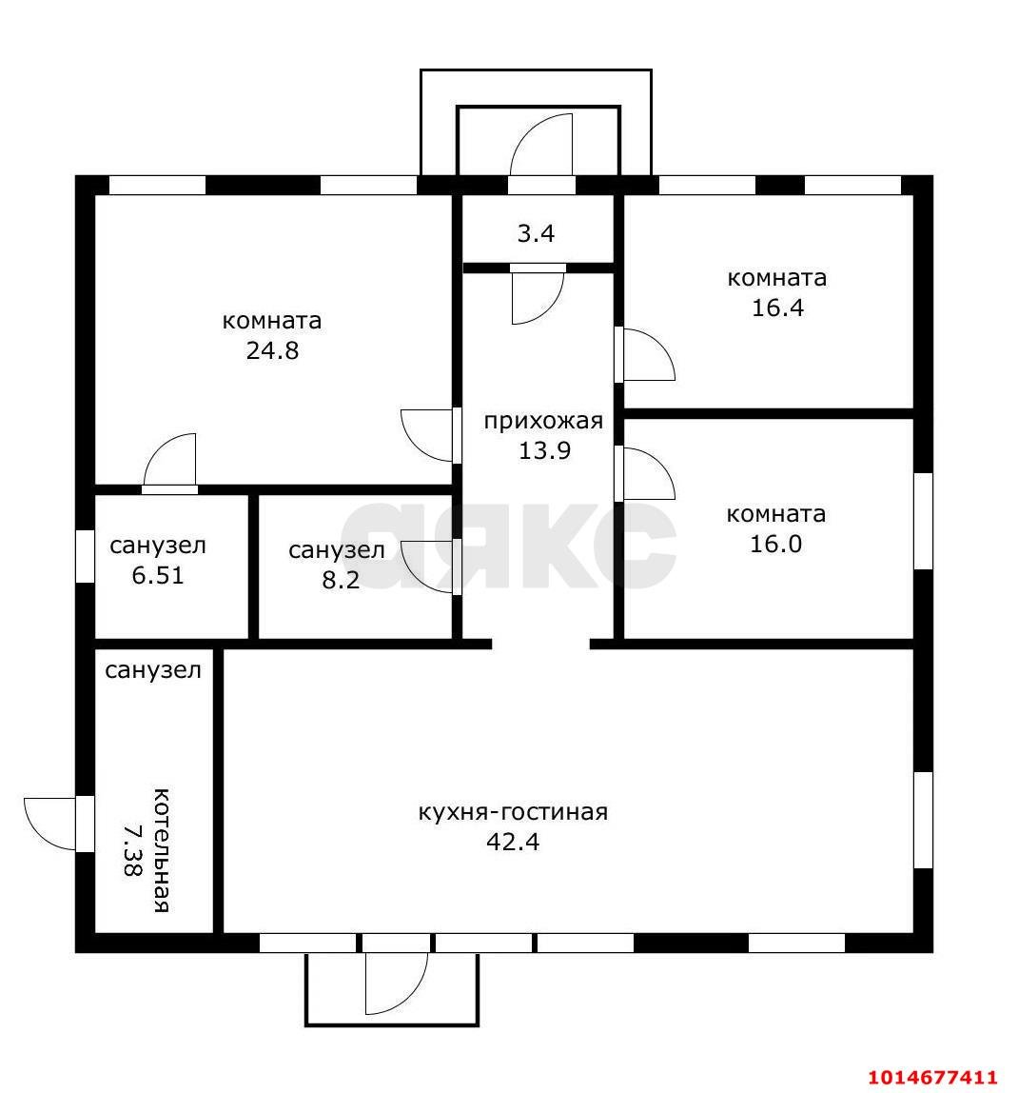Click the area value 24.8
tap(272, 350)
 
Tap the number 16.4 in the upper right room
tap(777, 308)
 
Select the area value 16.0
tap(775, 544)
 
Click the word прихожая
tap(543, 422)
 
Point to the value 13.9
tap(544, 450)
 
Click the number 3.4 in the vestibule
tap(536, 233)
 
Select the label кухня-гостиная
tap(513, 813)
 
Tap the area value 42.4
tap(513, 842)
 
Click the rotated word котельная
tap(161, 850)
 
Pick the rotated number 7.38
tap(131, 850)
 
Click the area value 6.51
tap(158, 576)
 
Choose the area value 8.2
tap(341, 580)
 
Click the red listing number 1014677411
tap(932, 1077)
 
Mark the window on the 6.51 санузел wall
tap(85, 556)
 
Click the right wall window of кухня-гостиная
tap(923, 820)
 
